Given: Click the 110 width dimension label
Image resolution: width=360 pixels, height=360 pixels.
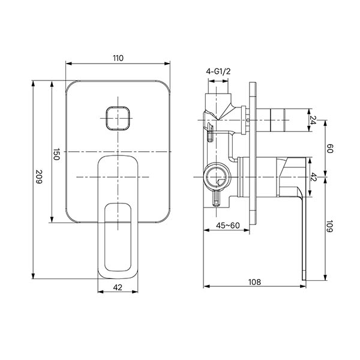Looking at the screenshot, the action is pos(118,58).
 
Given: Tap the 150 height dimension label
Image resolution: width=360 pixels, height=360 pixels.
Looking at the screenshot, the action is pos(56,154).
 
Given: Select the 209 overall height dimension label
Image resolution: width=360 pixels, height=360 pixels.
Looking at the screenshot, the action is pos(39,176).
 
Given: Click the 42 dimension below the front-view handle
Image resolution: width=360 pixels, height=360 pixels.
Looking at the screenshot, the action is pos(118,287).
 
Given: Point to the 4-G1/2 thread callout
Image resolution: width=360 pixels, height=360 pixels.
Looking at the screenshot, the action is pos(218,71).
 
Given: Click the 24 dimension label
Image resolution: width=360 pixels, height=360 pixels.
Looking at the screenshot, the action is pos(313,120).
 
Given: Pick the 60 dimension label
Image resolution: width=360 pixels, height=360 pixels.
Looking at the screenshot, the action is pos(329,148).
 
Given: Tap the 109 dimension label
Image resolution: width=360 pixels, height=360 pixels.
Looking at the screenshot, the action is pos(329,226).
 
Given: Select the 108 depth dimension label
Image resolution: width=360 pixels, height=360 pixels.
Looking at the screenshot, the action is pos(254,282).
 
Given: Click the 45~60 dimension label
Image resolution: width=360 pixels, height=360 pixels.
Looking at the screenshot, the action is pos(228,226).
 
